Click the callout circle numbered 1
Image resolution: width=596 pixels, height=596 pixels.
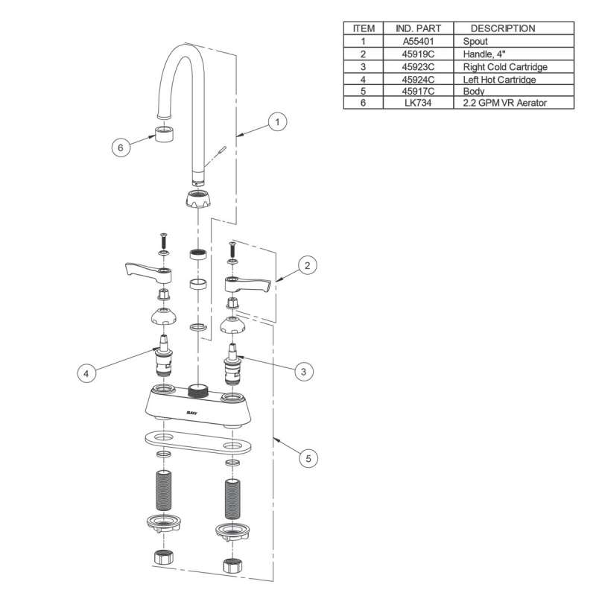(x=277, y=122)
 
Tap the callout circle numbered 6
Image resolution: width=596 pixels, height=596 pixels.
(x=121, y=148)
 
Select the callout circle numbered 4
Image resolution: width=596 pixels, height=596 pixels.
(x=86, y=373)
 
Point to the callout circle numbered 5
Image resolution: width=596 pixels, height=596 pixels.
(x=308, y=458)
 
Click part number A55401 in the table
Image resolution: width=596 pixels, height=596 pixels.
(x=418, y=41)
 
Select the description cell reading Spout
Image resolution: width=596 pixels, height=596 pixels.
(x=475, y=41)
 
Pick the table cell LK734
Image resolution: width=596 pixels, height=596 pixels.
(x=418, y=103)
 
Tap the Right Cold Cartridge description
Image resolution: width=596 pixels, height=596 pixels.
(x=505, y=67)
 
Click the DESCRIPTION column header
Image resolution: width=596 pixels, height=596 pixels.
(x=502, y=28)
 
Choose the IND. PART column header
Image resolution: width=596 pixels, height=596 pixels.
(x=418, y=28)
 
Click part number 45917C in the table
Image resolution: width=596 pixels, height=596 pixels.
(x=418, y=91)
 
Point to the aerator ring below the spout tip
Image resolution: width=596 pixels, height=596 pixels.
(x=164, y=134)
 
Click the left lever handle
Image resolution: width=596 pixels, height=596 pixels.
(x=148, y=272)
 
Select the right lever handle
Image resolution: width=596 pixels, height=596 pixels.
(x=248, y=285)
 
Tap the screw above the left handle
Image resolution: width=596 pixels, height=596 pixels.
(x=164, y=240)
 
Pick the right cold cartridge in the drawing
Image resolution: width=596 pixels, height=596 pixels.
(x=232, y=364)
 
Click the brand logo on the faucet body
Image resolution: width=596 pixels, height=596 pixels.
(x=192, y=413)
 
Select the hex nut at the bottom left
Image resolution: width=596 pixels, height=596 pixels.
(x=164, y=557)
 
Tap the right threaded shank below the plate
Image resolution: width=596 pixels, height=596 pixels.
(x=232, y=499)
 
